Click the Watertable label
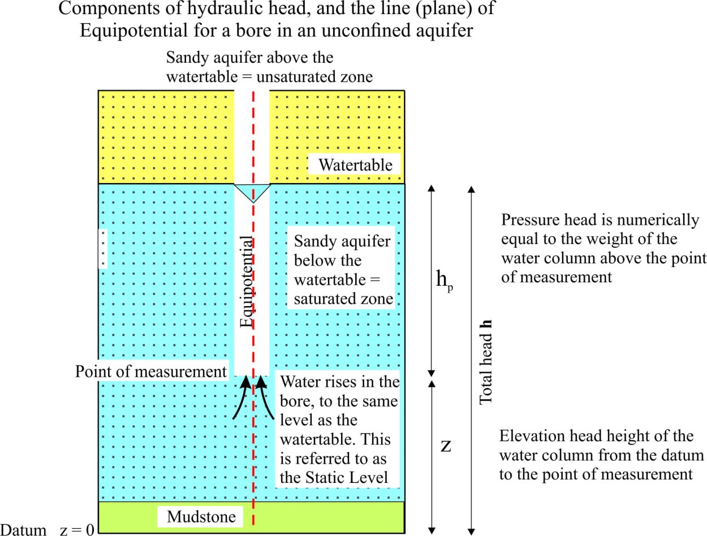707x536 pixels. coord(355,165)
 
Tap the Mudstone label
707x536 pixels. coord(201,517)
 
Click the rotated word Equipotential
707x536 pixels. coord(247,282)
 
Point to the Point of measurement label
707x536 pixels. coord(151,372)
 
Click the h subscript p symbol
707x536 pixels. coord(445,280)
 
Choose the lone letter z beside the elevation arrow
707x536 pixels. coord(446,446)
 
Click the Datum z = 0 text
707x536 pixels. coord(47,529)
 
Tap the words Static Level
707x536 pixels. coord(347,477)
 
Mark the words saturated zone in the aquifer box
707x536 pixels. coord(343,299)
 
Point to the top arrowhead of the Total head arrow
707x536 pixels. coord(471,189)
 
